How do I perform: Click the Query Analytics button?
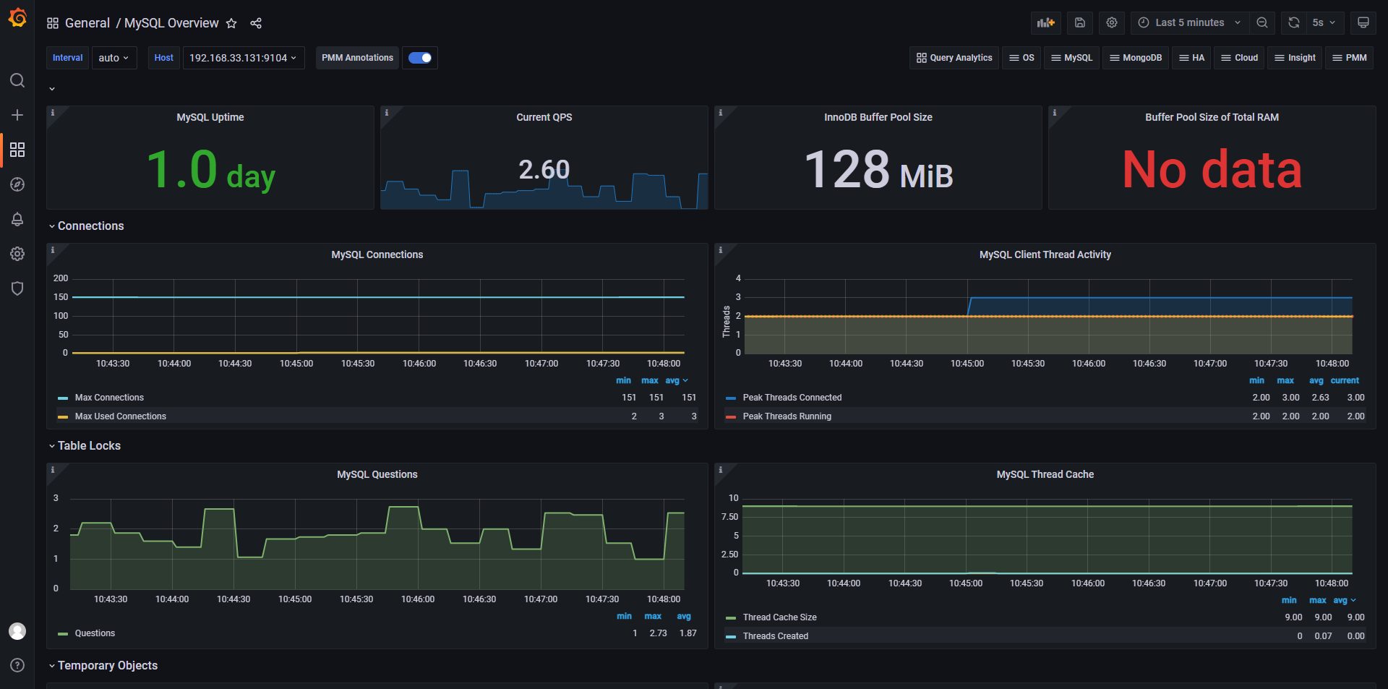point(954,58)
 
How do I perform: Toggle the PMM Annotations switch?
point(420,58)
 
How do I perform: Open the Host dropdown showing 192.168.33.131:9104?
point(244,58)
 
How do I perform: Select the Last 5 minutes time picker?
point(1189,22)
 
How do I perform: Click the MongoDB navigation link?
point(1136,58)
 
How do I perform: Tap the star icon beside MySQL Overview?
point(231,23)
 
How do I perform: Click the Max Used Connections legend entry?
point(121,416)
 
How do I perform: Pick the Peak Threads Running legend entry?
point(787,416)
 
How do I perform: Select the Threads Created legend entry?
point(776,636)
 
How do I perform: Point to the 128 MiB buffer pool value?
point(878,170)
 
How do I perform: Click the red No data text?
point(1212,170)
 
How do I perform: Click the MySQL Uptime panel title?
point(210,117)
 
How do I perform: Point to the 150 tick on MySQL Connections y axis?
point(61,297)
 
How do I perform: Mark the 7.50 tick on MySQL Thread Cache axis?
point(729,517)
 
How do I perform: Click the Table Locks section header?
point(89,446)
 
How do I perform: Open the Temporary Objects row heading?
point(108,666)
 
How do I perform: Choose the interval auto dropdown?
point(114,58)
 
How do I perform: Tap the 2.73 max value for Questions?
point(658,633)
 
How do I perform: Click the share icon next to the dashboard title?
point(256,23)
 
